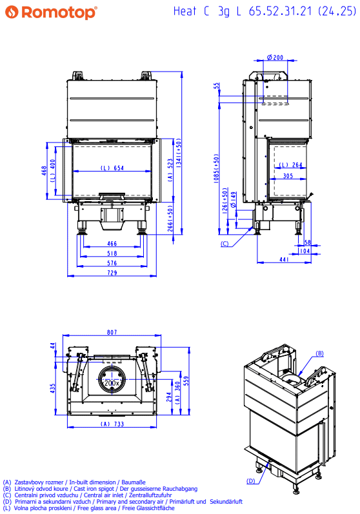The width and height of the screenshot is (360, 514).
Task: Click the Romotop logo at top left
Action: (x=52, y=12)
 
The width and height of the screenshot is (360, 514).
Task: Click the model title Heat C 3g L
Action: (x=207, y=12)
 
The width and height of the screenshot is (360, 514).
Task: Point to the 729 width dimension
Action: (x=112, y=272)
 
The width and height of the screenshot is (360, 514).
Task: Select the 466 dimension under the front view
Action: (x=112, y=244)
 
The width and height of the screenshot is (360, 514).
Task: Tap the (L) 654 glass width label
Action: (x=112, y=168)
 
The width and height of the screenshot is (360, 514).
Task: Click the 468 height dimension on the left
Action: (x=45, y=171)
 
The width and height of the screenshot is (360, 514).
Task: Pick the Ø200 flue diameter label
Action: (x=275, y=57)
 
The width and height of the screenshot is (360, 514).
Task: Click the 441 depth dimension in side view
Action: (x=284, y=259)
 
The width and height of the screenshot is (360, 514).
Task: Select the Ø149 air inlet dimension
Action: (x=233, y=200)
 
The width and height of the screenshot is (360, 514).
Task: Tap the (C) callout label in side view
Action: (x=225, y=244)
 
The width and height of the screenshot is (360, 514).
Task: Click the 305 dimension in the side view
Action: (x=288, y=175)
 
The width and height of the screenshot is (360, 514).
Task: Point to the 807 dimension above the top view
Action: (x=112, y=332)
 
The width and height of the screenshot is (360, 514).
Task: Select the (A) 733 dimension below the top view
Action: (x=112, y=424)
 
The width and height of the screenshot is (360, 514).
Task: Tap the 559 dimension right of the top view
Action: (x=186, y=381)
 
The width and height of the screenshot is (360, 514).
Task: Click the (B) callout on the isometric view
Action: (x=319, y=353)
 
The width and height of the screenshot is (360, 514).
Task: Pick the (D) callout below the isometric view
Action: (x=250, y=481)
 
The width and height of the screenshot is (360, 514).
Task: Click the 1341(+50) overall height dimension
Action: (x=179, y=153)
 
